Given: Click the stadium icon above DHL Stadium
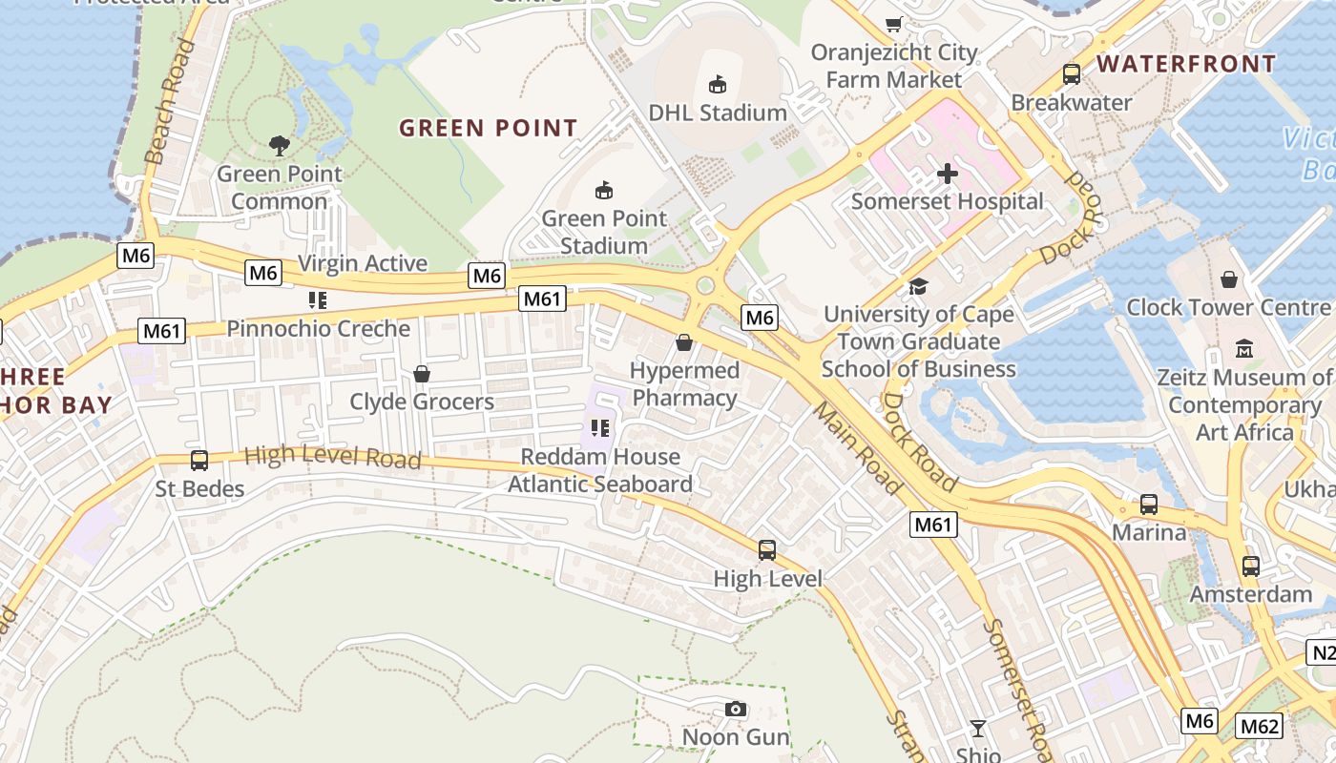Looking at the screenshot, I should pos(718,85).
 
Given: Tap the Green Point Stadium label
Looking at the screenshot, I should pos(603,232).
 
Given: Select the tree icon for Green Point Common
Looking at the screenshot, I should pos(280,146).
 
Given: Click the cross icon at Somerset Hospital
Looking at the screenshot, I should pos(947,174).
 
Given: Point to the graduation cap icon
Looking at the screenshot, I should pos(918,286).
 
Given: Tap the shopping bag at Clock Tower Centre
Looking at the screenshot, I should pos(1229,279).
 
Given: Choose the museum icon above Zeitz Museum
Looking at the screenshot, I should pos(1244,349).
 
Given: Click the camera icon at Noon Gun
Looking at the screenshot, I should pos(735,709).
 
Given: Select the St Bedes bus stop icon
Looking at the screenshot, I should pos(199,461).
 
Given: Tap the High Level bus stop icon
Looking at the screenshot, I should pos(767,550).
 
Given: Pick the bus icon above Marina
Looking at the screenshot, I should pos(1149,505).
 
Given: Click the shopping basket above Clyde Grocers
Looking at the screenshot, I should pos(421,374).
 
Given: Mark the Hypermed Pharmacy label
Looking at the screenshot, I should pos(685,383).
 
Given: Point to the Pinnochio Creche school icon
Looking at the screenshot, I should pos(318,301).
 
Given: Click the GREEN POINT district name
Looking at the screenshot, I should pos(488,128).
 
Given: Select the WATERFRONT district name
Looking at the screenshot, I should pos(1185,64).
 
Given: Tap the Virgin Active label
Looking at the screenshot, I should pos(363,263).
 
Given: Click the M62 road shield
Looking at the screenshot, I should pos(1259,727).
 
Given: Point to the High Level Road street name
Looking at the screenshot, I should pos(332,457).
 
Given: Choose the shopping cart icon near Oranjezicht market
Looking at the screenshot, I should pos(894,25).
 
